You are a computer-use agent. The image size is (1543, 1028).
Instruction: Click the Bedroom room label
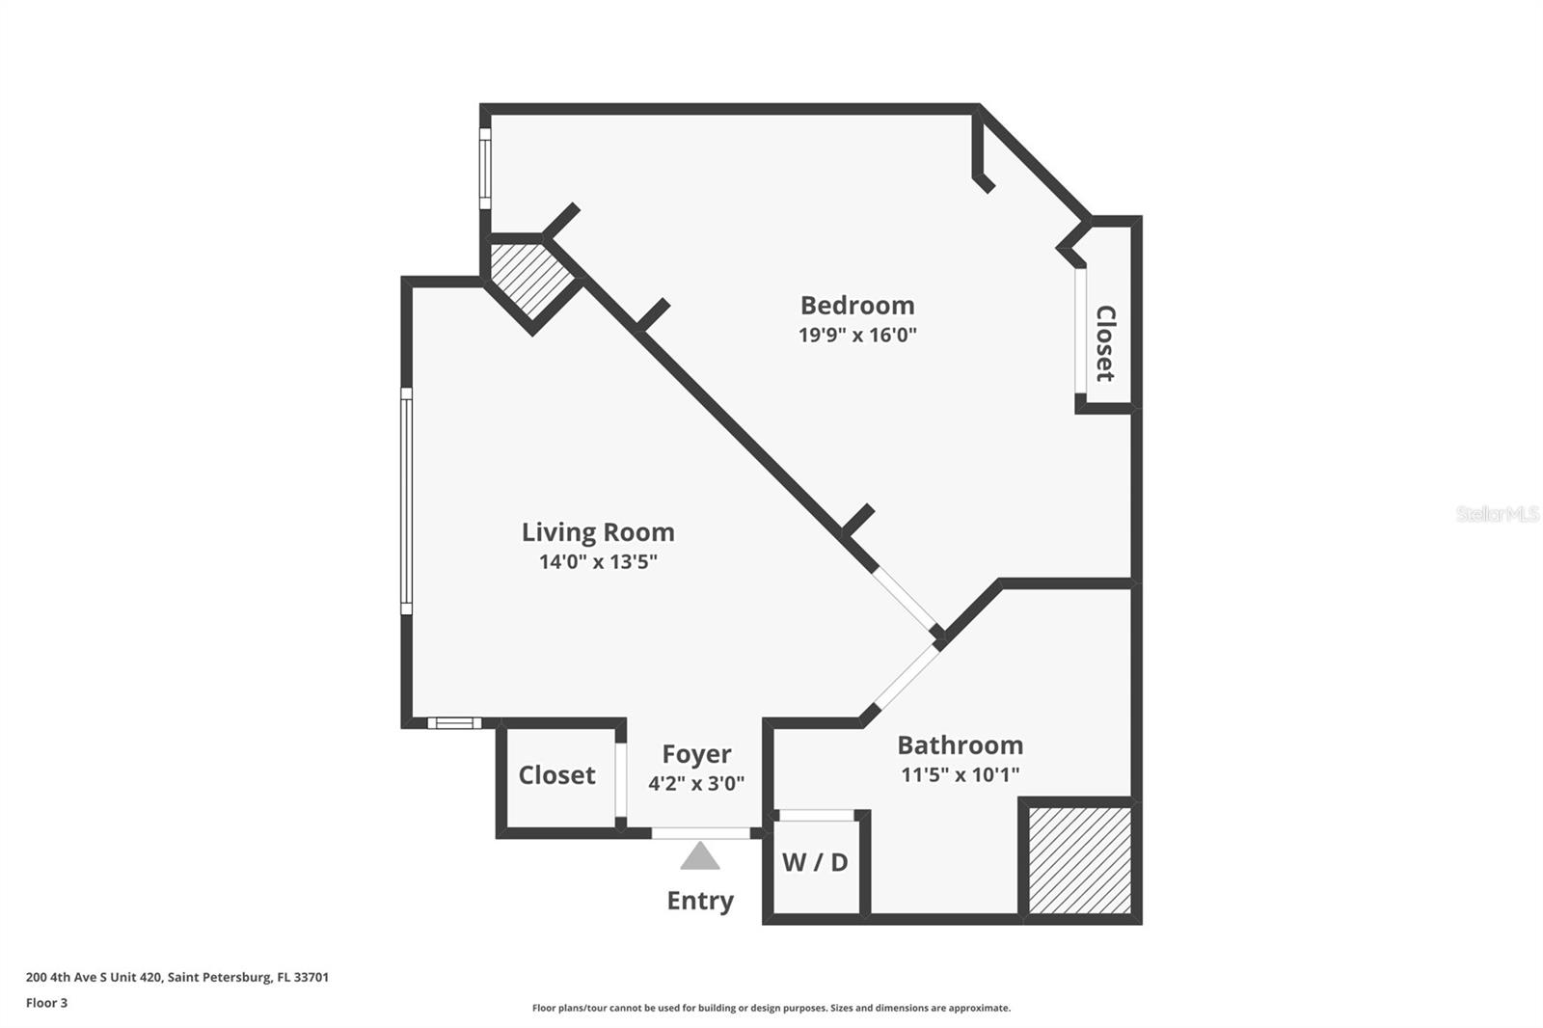[x=857, y=306]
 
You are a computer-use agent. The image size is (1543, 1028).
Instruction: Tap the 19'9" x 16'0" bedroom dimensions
[x=857, y=335]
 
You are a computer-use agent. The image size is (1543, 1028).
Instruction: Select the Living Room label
[x=598, y=532]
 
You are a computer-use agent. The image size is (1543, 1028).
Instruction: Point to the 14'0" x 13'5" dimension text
[x=598, y=561]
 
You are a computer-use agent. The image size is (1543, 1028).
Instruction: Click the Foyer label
[x=696, y=755]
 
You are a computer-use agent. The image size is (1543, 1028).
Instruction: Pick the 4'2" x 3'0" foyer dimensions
[x=696, y=783]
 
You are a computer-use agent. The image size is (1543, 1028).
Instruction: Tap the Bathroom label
[x=961, y=745]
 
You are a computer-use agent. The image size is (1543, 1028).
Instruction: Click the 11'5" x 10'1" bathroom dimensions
[x=961, y=775]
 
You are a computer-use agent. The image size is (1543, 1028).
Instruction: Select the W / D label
[x=815, y=863]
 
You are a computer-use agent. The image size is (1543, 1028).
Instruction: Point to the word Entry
[x=700, y=902]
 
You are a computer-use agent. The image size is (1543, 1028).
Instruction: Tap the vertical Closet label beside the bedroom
[x=1105, y=343]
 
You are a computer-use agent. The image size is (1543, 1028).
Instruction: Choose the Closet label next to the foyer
[x=556, y=776]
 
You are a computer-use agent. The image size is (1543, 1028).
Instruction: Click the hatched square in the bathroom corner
[x=1079, y=860]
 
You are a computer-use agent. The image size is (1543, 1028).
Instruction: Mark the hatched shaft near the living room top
[x=531, y=282]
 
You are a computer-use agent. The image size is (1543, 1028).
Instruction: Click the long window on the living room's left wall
[x=406, y=500]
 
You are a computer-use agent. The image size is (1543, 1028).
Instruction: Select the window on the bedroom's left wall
[x=485, y=169]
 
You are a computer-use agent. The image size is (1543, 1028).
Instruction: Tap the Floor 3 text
[x=47, y=1003]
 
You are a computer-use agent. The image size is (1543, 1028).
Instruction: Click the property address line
[x=177, y=977]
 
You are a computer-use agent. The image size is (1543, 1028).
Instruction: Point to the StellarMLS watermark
[x=1499, y=513]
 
